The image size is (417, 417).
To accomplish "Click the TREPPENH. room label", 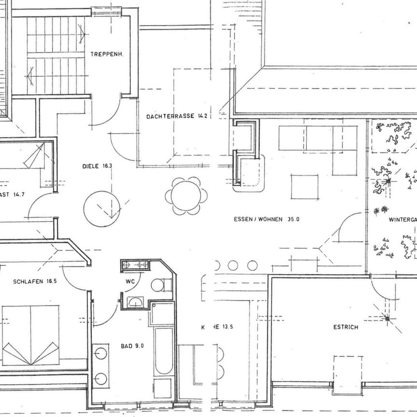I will click(x=107, y=55).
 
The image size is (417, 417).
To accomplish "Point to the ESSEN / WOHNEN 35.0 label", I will click(x=266, y=219).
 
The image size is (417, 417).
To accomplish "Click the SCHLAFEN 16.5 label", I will click(x=35, y=281).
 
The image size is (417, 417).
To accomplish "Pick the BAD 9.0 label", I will click(x=132, y=346).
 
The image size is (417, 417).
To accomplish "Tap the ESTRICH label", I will click(x=346, y=327).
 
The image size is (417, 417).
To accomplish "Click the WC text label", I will click(x=130, y=281).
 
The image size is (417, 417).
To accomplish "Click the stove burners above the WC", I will click(x=135, y=264).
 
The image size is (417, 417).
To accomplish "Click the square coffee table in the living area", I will click(x=305, y=187).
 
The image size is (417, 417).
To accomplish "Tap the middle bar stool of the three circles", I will click(x=233, y=265).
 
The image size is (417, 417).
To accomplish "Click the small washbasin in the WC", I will click(x=135, y=302).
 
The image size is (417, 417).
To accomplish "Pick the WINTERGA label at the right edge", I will click(x=403, y=220).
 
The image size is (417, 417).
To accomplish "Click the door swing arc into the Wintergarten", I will click(x=348, y=227).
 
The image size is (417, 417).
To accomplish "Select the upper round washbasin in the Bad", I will click(x=101, y=353).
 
